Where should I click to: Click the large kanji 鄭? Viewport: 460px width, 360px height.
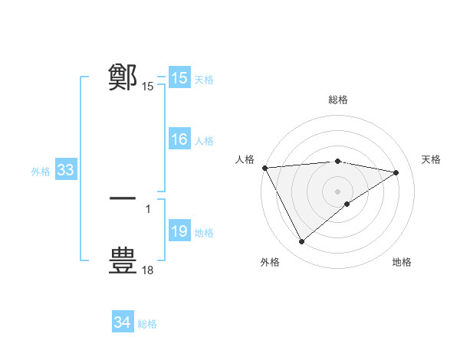pyautogui.click(x=123, y=77)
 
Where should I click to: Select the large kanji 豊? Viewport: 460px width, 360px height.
pyautogui.click(x=123, y=260)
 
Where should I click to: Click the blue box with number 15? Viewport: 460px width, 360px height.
pyautogui.click(x=179, y=78)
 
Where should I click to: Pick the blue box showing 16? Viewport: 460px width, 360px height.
pyautogui.click(x=179, y=139)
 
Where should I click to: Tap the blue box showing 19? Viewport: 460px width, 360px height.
pyautogui.click(x=179, y=231)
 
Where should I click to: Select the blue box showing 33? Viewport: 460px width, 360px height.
pyautogui.click(x=65, y=170)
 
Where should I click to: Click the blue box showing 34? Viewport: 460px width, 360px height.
pyautogui.click(x=122, y=322)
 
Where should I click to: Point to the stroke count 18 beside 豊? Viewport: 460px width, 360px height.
pyautogui.click(x=148, y=270)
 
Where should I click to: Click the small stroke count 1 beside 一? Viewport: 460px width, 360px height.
pyautogui.click(x=148, y=208)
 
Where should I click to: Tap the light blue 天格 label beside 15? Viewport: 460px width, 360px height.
pyautogui.click(x=204, y=80)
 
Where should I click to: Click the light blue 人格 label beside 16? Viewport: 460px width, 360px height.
pyautogui.click(x=204, y=141)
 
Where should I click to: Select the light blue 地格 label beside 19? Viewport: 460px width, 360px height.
pyautogui.click(x=204, y=233)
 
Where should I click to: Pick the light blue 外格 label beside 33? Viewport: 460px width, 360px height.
pyautogui.click(x=41, y=172)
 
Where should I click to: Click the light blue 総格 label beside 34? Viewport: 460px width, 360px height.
pyautogui.click(x=147, y=324)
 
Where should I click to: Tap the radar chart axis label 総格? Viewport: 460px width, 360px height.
pyautogui.click(x=337, y=100)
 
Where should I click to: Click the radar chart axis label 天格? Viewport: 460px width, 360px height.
pyautogui.click(x=431, y=159)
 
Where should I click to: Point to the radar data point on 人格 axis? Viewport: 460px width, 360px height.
pyautogui.click(x=264, y=168)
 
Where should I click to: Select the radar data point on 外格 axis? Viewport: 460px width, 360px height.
pyautogui.click(x=301, y=242)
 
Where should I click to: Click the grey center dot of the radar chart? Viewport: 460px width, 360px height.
pyautogui.click(x=337, y=191)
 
